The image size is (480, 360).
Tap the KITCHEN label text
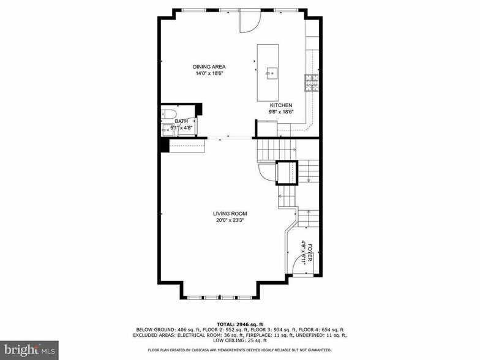point(281,105)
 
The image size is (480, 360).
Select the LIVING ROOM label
point(230,214)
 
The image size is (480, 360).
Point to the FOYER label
point(309,252)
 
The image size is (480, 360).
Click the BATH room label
point(181,121)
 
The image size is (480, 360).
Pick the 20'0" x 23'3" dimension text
point(230,221)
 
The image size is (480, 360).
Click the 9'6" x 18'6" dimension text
point(281,112)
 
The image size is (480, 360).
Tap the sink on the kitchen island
point(270,73)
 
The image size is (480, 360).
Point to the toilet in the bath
point(169,113)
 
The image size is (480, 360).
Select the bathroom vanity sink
point(167,129)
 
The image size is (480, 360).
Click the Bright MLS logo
point(29,349)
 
